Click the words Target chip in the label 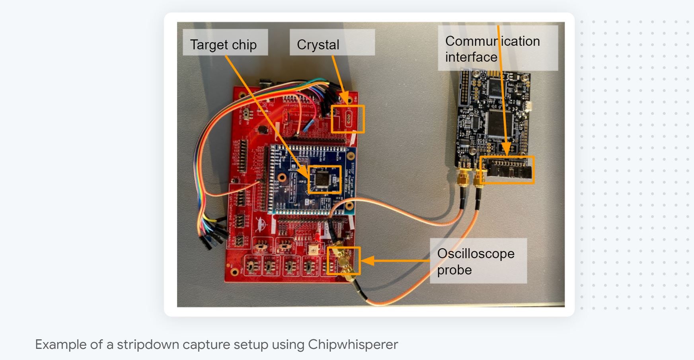(223, 45)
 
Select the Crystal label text (318, 45)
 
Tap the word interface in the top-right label (471, 57)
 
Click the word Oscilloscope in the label (476, 253)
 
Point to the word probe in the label (454, 270)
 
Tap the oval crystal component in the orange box (349, 118)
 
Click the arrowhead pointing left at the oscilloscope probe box (367, 261)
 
